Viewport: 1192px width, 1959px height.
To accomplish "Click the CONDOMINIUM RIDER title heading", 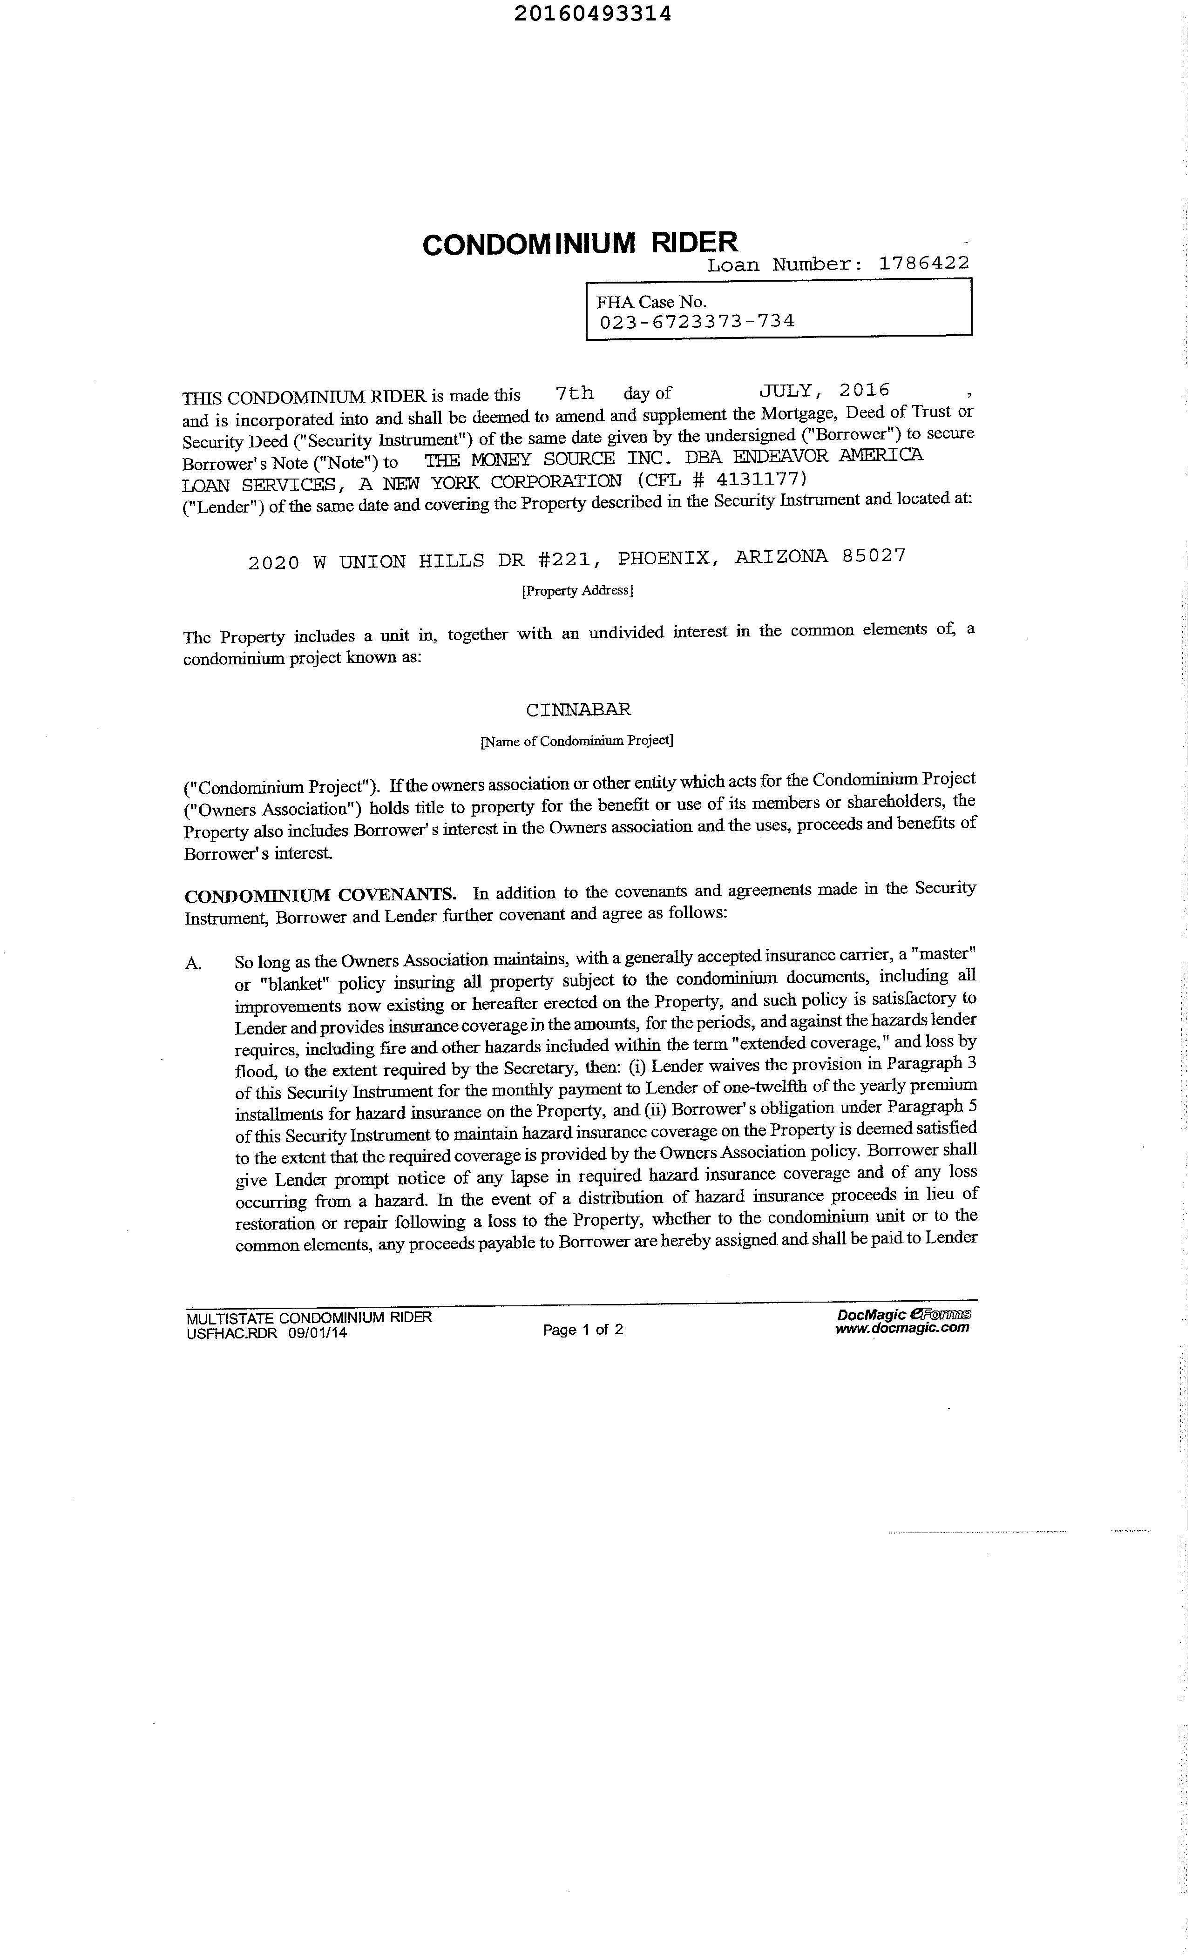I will click(580, 244).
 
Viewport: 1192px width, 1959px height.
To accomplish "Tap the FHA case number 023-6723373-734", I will click(697, 321).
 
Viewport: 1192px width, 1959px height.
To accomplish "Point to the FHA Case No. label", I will click(651, 302).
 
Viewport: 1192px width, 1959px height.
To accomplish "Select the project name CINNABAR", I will click(578, 709).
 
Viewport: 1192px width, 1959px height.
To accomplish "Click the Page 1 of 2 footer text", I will click(583, 1329).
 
